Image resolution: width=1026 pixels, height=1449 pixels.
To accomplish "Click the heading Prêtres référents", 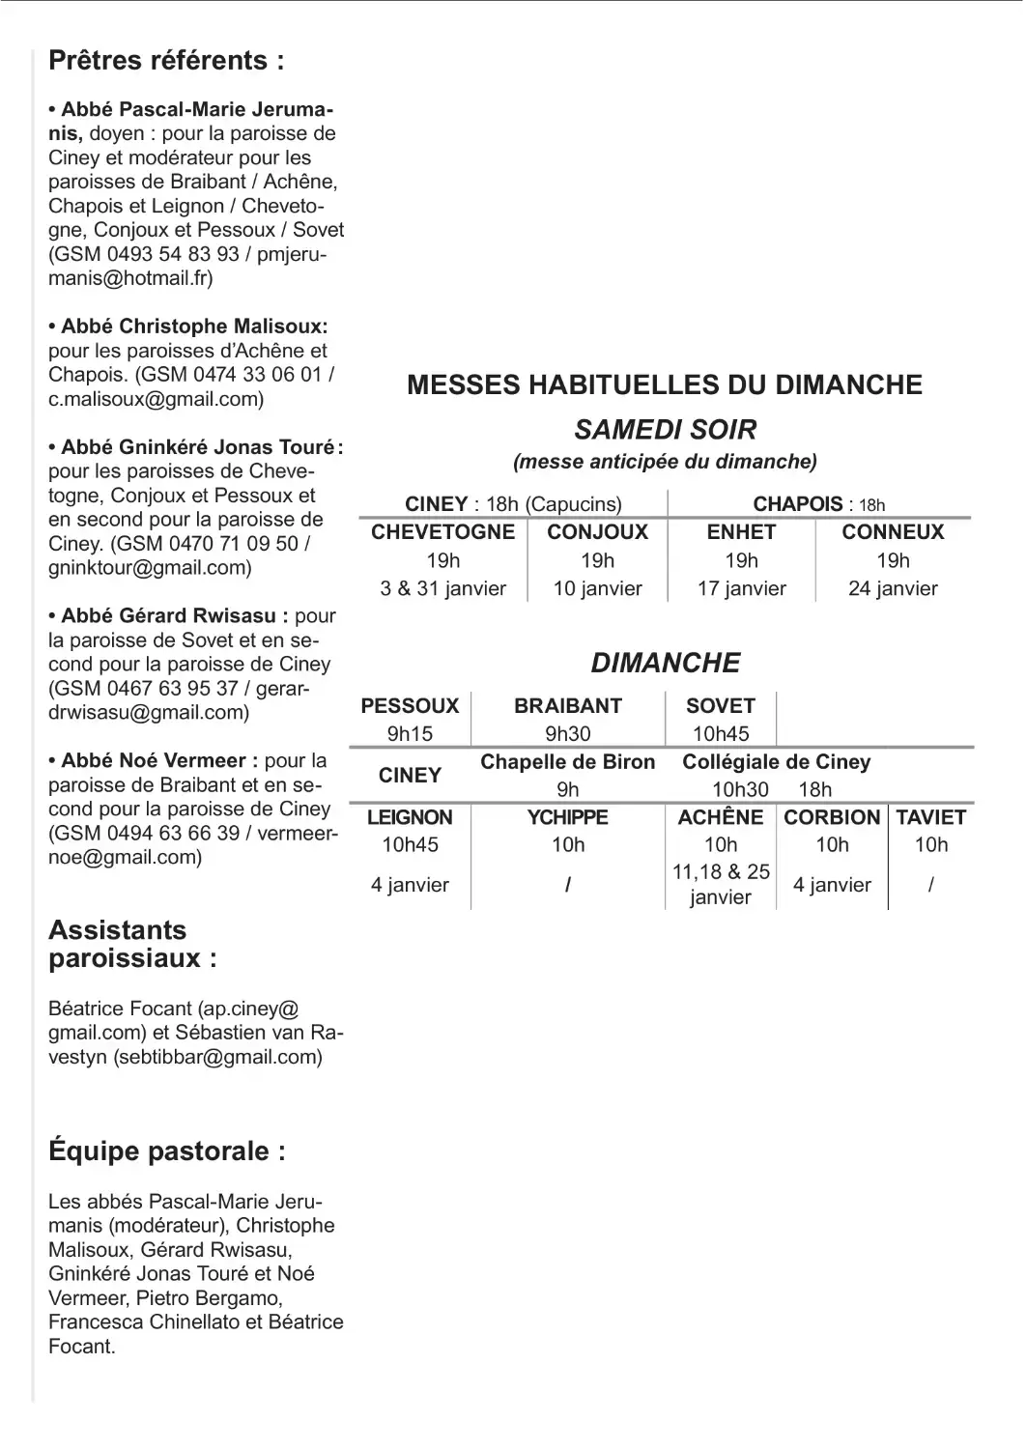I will click(x=166, y=61).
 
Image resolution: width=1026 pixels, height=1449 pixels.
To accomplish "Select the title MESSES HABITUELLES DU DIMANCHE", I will click(x=665, y=384).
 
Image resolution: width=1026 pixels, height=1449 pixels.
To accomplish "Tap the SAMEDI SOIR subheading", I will click(x=666, y=430).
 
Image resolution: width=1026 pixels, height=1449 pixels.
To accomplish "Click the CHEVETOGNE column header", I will click(x=442, y=532).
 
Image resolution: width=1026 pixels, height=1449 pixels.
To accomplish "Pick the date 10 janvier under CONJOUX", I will click(x=597, y=588).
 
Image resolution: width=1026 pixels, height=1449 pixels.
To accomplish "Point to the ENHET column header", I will click(x=741, y=532).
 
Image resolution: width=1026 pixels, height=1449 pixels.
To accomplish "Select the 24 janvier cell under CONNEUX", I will click(x=893, y=588).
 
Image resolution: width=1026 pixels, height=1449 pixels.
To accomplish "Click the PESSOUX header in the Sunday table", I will click(x=410, y=706).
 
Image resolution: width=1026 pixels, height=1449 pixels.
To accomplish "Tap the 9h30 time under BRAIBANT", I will click(x=568, y=734).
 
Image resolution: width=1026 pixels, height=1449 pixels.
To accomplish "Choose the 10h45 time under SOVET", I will click(x=721, y=734).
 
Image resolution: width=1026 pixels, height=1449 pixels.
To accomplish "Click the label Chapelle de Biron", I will click(x=568, y=762).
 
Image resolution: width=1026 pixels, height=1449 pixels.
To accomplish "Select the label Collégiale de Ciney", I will click(x=777, y=762).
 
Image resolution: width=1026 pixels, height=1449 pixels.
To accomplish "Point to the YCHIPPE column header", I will click(x=568, y=817).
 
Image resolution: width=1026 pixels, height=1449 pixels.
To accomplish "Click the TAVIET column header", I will click(x=930, y=817).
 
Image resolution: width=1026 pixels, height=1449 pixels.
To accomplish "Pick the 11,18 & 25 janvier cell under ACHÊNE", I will click(x=721, y=884).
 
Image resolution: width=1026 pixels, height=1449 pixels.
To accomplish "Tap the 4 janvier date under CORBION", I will click(x=832, y=885).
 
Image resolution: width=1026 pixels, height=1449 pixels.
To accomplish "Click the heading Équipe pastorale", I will click(x=166, y=1151).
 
